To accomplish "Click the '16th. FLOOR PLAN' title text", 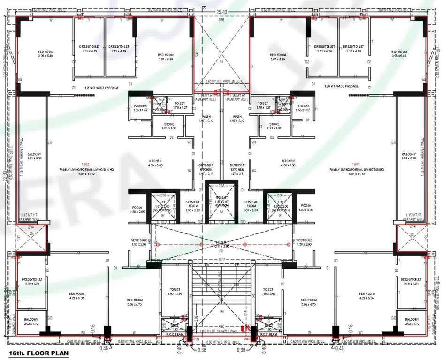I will (x=35, y=353).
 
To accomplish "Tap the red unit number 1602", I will (x=85, y=164).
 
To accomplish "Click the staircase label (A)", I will (x=221, y=311).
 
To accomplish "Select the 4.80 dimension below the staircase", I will (x=221, y=325).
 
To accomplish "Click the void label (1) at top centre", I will (x=221, y=61).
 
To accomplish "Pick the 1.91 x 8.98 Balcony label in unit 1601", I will (x=409, y=156).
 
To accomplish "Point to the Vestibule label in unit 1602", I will (x=140, y=242).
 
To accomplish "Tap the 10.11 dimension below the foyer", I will (x=221, y=259).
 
